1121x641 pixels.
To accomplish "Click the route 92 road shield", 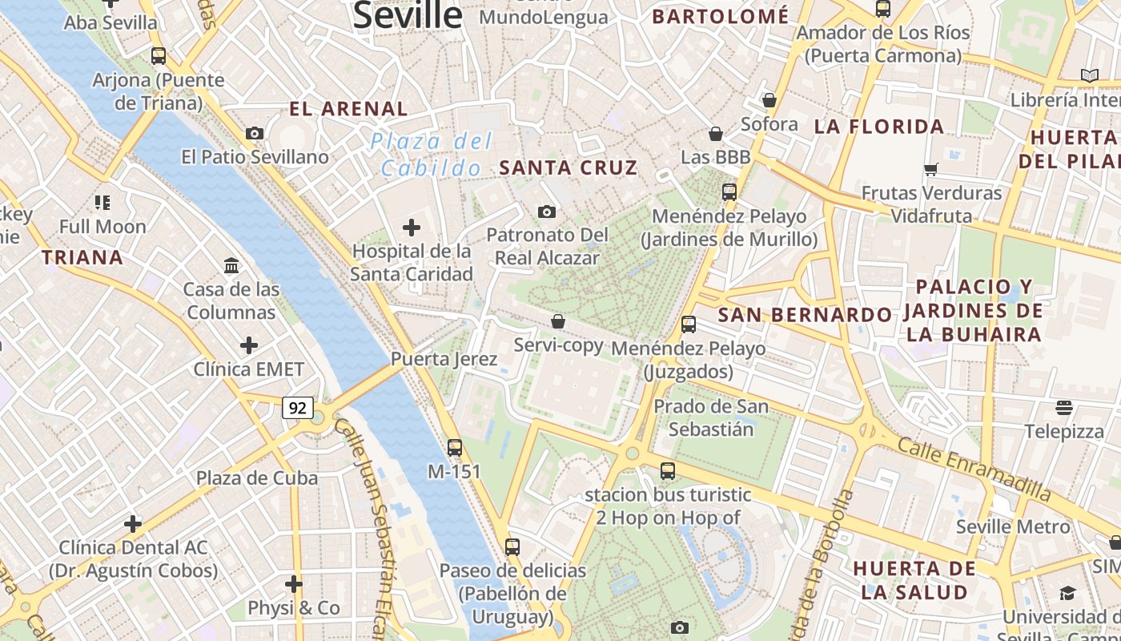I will point(297,408).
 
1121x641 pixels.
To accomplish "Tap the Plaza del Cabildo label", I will point(432,155).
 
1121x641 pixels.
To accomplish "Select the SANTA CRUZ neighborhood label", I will point(569,167).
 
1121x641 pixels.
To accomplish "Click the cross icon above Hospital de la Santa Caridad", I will point(412,228).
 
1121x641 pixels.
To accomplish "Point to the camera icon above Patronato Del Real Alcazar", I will point(547,212).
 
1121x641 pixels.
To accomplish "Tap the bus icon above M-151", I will point(455,448).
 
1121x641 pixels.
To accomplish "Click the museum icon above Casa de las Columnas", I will point(231,265).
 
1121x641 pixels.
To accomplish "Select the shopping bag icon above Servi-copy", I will point(558,321).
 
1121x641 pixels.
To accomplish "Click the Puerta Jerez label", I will point(444,359).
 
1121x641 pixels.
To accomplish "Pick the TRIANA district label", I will point(82,257).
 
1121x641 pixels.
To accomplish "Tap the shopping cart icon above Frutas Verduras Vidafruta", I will point(931,169).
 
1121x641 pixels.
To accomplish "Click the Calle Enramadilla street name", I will point(974,469).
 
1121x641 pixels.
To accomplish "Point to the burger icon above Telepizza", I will point(1064,408).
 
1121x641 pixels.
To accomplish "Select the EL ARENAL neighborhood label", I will point(348,109).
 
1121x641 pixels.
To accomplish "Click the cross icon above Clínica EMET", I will point(249,345).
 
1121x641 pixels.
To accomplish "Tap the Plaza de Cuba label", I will point(257,478).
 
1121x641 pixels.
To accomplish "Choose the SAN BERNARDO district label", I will point(805,315).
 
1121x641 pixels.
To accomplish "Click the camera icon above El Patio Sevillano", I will point(255,133).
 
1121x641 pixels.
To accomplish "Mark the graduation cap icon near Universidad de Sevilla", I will point(1067,593).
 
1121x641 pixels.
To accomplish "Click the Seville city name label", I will point(408,14).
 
